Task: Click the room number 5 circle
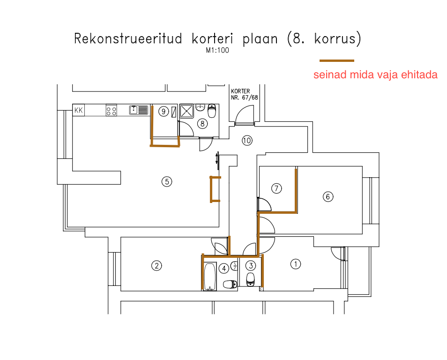[166, 181]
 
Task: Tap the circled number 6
[328, 197]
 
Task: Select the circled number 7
[276, 188]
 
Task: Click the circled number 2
[156, 266]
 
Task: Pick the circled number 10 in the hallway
[247, 140]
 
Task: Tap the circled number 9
[163, 111]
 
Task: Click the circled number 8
[202, 124]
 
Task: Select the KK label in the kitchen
[79, 111]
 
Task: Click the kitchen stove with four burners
[112, 111]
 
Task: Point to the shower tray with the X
[186, 111]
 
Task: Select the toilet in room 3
[251, 279]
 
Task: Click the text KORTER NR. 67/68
[244, 94]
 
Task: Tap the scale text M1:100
[217, 51]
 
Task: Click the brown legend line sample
[336, 60]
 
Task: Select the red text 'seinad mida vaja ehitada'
[375, 75]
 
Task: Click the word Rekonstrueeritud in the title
[128, 38]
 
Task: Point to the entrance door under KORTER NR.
[245, 116]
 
